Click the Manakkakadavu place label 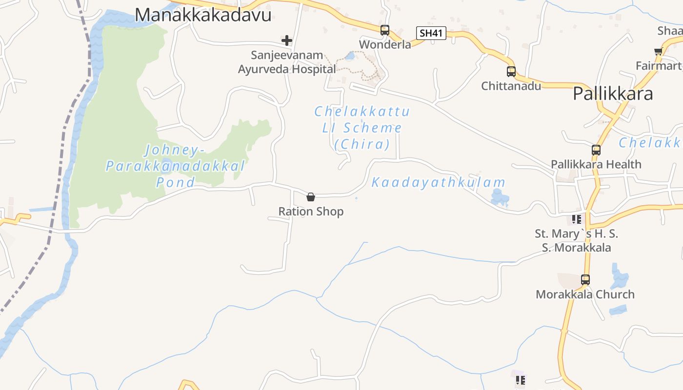(203, 15)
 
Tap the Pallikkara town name (613, 93)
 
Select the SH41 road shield (432, 33)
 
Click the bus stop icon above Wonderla (385, 30)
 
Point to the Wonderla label (385, 44)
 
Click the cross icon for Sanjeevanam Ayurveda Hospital (286, 40)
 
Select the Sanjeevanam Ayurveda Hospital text (287, 62)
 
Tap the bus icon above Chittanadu (511, 72)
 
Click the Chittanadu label (511, 86)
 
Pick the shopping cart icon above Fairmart (658, 51)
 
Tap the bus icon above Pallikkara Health (596, 150)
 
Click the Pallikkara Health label (596, 164)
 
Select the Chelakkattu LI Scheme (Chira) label (362, 128)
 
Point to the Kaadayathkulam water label (439, 183)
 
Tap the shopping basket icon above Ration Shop (311, 197)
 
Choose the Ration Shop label (311, 212)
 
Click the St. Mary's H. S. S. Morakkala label (576, 240)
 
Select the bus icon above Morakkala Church (585, 280)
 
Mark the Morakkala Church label (585, 294)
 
